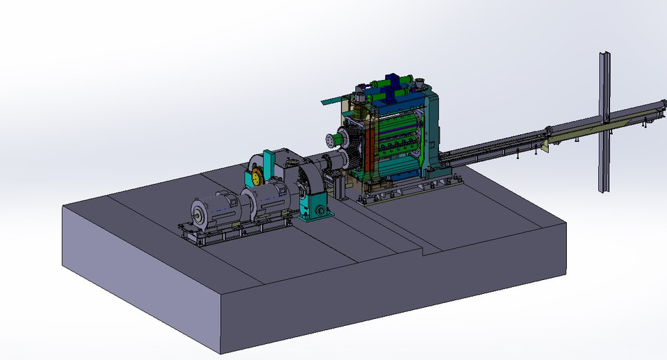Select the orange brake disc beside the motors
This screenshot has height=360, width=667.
(x=256, y=177)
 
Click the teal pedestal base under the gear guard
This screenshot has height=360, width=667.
(x=313, y=208)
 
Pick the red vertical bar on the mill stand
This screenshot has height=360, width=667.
(x=369, y=142)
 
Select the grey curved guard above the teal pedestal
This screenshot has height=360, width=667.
(x=310, y=178)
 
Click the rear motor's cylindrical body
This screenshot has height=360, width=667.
(x=274, y=191)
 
